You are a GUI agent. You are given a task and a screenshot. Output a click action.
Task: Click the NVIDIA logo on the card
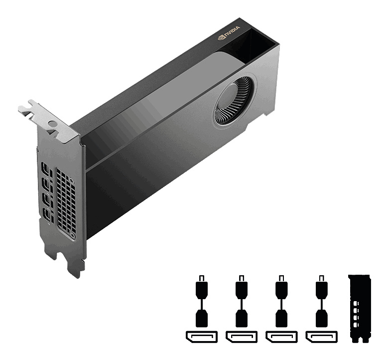[229, 32]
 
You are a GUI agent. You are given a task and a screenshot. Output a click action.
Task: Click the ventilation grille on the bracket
[66, 202]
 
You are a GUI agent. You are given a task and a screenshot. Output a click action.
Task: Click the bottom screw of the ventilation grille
[73, 235]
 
